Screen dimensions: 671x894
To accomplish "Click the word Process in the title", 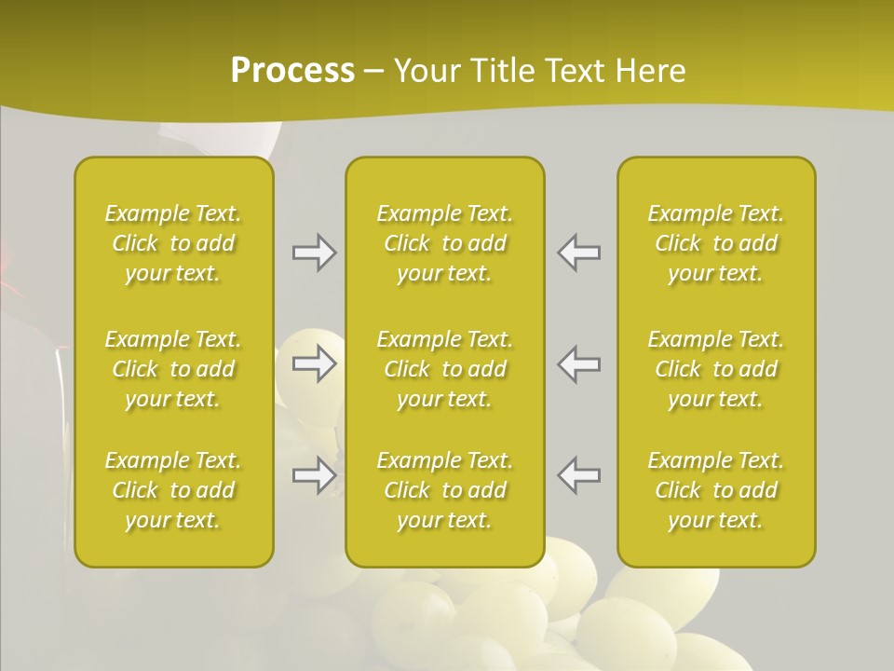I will click(x=292, y=71).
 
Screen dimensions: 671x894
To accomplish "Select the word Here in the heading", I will click(x=651, y=71).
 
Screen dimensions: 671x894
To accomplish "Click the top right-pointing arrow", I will click(x=315, y=253).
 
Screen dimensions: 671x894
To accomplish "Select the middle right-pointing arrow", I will click(x=315, y=363).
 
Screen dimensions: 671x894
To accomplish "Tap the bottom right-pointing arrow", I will click(x=315, y=475).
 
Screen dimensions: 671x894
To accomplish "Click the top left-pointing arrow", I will click(x=579, y=253).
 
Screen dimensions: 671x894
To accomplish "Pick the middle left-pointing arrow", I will click(x=579, y=363).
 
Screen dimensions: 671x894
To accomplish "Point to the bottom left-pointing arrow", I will click(x=579, y=475).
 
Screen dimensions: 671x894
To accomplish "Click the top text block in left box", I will click(x=173, y=243).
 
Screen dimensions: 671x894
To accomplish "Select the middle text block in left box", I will click(x=173, y=369).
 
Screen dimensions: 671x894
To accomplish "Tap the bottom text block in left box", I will click(x=173, y=490).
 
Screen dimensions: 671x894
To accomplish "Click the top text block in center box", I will click(x=445, y=243).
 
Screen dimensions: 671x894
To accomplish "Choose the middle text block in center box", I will click(x=445, y=369).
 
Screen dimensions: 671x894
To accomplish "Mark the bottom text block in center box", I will click(x=445, y=490).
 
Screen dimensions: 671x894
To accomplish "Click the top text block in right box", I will click(x=716, y=243).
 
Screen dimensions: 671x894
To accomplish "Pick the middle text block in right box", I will click(x=716, y=369).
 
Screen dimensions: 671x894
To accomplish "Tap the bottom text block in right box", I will click(x=716, y=490).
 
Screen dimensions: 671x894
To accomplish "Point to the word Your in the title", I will click(x=426, y=71).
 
